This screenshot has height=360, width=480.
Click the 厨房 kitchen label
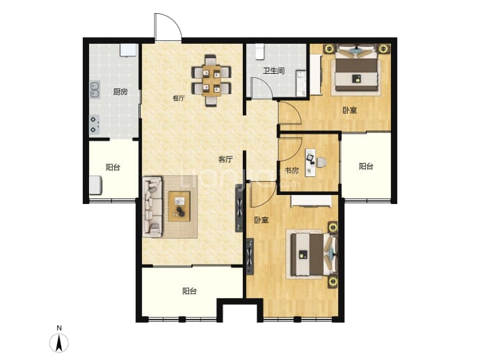click(120, 92)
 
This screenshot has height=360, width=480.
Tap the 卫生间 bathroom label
click(274, 71)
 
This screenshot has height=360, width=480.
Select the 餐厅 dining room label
click(179, 98)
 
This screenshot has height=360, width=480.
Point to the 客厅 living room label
click(225, 159)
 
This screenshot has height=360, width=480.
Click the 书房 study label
click(291, 170)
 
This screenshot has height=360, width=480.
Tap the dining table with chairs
click(211, 80)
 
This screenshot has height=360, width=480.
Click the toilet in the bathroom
click(260, 52)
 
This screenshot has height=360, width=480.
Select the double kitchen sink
click(95, 89)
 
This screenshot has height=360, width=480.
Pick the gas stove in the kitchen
click(95, 125)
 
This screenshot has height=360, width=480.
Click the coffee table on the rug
click(179, 206)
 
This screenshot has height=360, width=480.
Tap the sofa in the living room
click(152, 206)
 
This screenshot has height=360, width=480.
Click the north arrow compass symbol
click(59, 342)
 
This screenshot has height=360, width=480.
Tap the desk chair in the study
click(321, 162)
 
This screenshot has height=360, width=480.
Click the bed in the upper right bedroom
click(356, 69)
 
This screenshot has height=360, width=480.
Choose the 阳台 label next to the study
click(366, 166)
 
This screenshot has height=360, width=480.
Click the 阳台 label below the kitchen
click(113, 167)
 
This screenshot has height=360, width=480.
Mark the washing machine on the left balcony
click(95, 185)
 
